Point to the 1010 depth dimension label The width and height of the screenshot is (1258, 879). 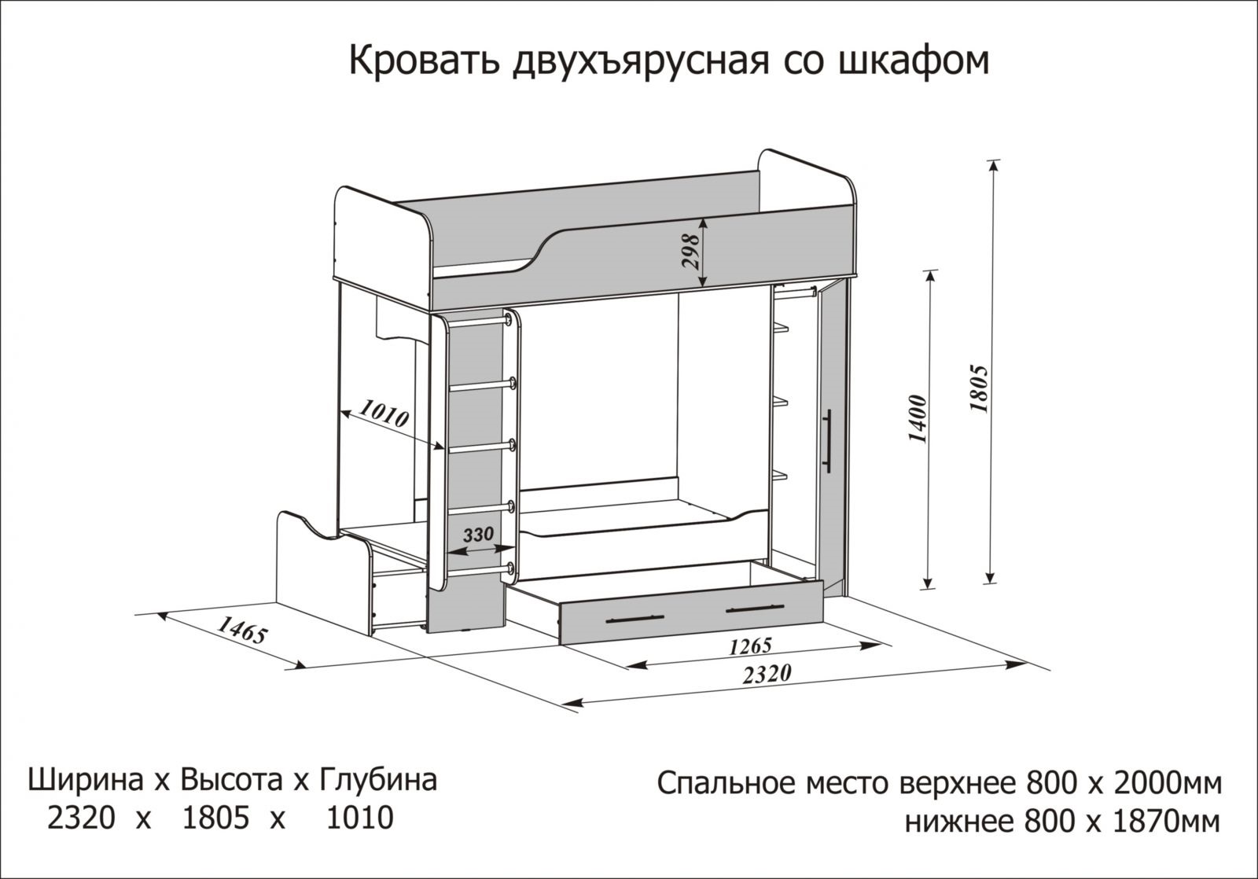pyautogui.click(x=384, y=413)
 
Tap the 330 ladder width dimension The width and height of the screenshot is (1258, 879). pyautogui.click(x=478, y=534)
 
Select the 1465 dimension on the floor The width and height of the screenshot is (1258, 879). pyautogui.click(x=241, y=631)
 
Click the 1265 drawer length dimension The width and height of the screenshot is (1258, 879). pyautogui.click(x=750, y=646)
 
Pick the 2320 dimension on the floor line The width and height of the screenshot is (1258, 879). pyautogui.click(x=767, y=674)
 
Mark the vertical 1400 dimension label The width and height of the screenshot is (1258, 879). pyautogui.click(x=917, y=420)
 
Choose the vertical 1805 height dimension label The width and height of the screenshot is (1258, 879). pyautogui.click(x=979, y=389)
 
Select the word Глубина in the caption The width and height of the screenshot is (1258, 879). pyautogui.click(x=378, y=781)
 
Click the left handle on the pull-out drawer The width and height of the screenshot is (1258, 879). pyautogui.click(x=635, y=619)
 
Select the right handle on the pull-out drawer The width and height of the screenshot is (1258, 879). pyautogui.click(x=755, y=608)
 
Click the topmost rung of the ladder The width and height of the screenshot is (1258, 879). pyautogui.click(x=479, y=322)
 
